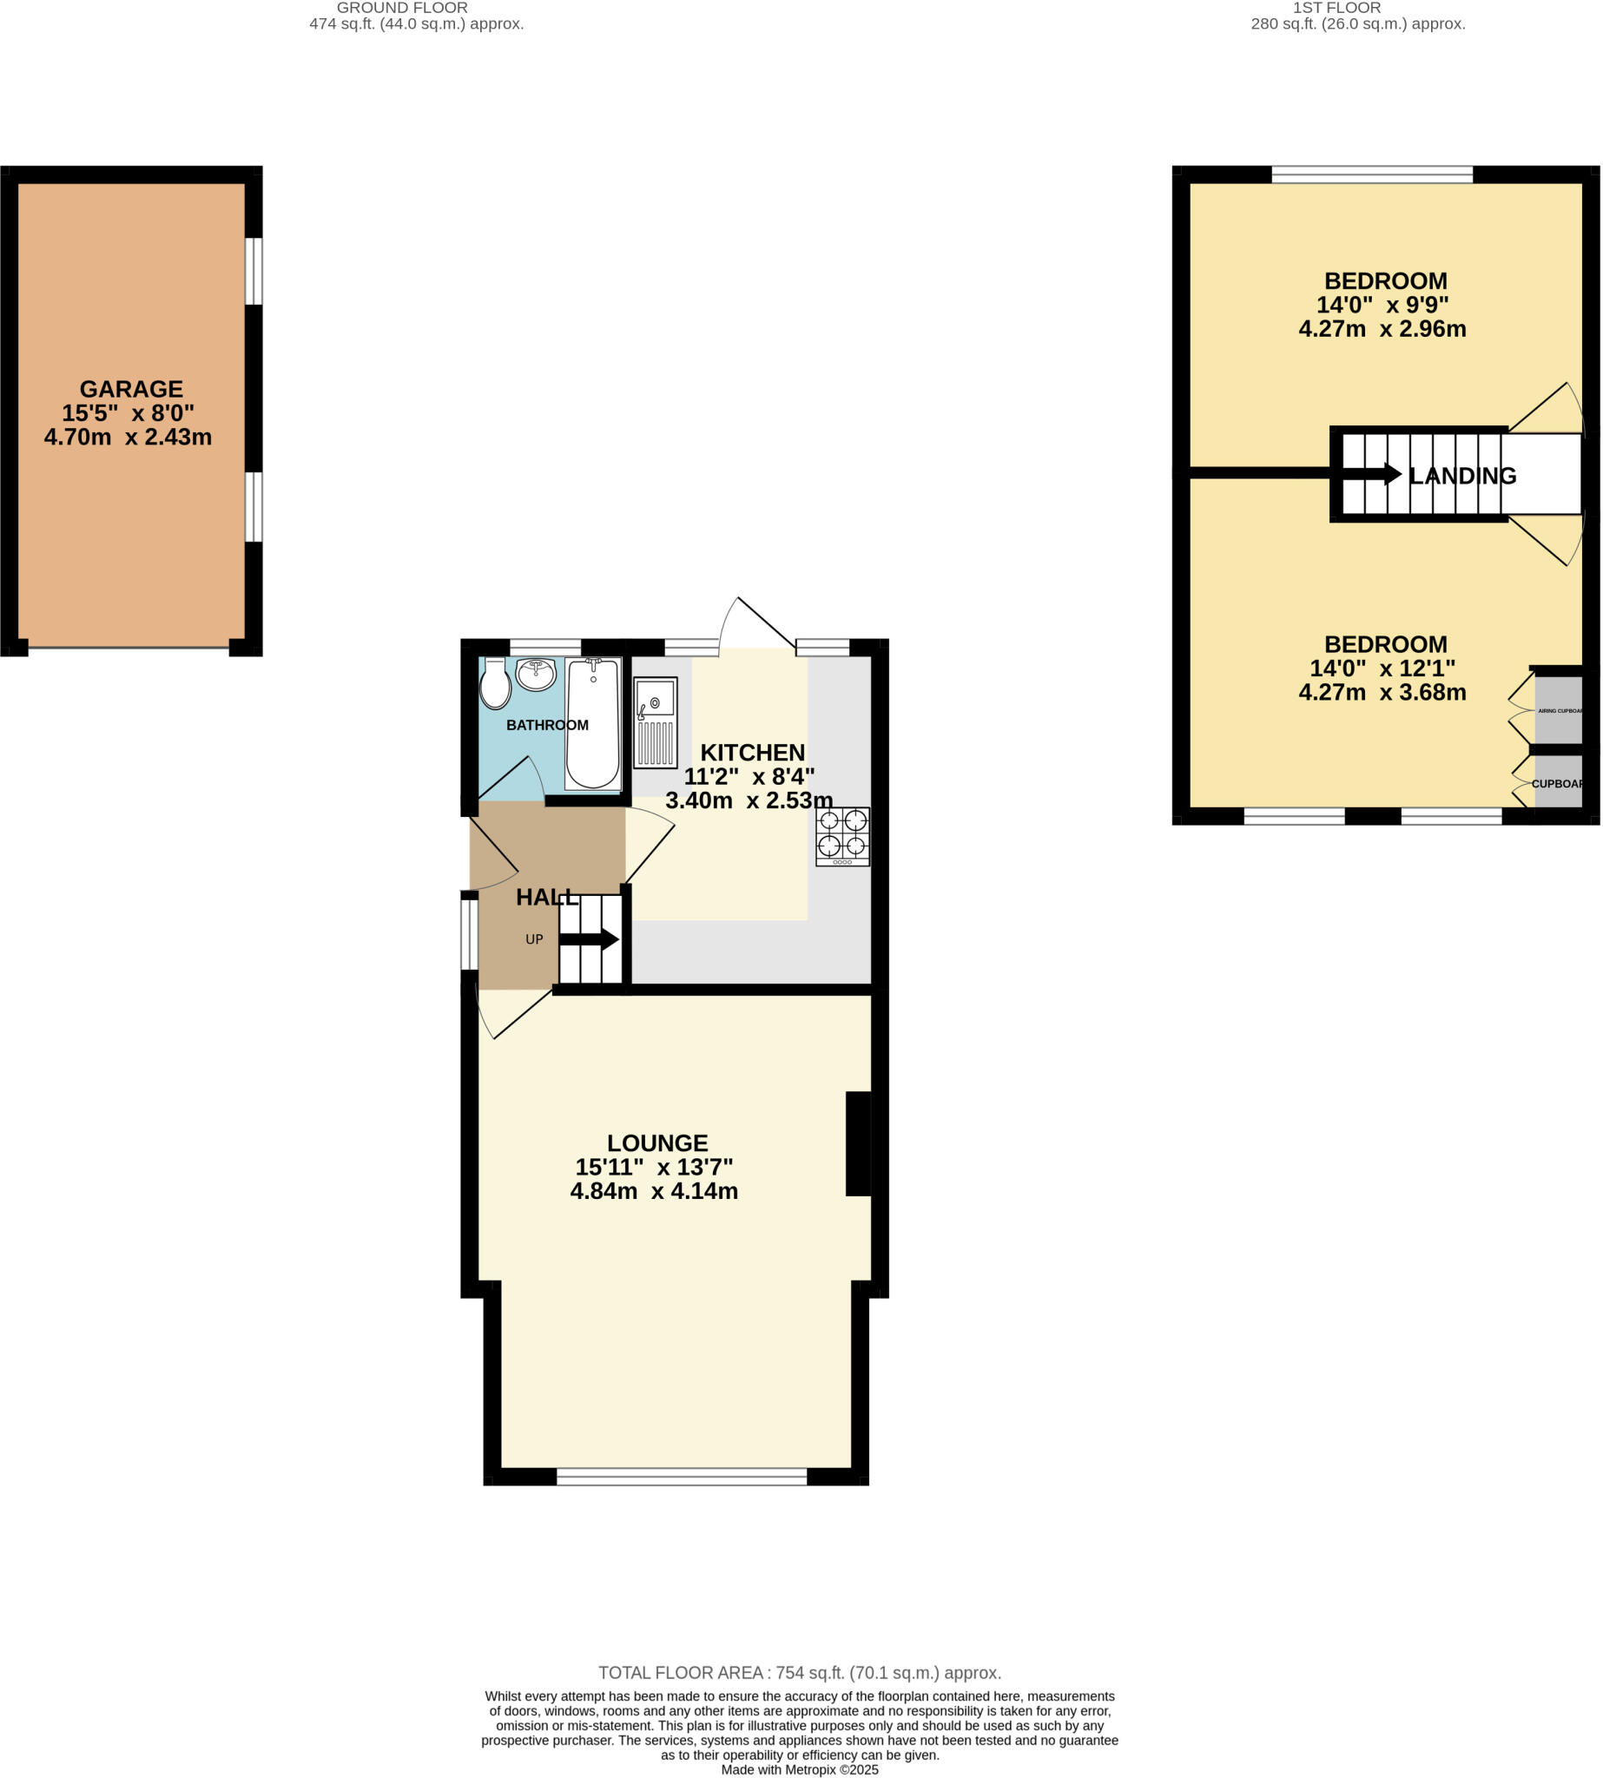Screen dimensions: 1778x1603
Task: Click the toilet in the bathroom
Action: [x=495, y=684]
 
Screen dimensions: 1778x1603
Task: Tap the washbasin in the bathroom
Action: [x=536, y=675]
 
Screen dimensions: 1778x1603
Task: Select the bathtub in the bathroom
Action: [x=593, y=724]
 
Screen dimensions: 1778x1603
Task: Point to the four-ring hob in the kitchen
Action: [x=842, y=836]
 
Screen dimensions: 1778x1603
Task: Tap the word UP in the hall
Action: [x=534, y=939]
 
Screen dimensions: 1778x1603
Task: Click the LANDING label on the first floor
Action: [x=1462, y=477]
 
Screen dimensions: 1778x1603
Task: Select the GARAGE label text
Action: [x=131, y=388]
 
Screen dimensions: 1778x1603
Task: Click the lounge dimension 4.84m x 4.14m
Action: [x=654, y=1191]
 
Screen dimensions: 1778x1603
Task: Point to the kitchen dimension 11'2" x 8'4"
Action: [x=749, y=777]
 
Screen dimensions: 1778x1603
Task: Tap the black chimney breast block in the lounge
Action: [x=858, y=1144]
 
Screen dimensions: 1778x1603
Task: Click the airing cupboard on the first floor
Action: [x=1558, y=710]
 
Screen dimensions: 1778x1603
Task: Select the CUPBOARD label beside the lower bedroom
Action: [x=1557, y=784]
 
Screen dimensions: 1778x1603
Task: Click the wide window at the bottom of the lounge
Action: [x=682, y=1476]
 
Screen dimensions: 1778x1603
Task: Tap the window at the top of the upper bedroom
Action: [x=1371, y=175]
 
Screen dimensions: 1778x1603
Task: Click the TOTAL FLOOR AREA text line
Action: [x=800, y=1672]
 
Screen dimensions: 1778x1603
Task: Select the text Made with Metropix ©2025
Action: [x=800, y=1769]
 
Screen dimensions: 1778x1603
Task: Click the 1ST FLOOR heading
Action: [x=1336, y=8]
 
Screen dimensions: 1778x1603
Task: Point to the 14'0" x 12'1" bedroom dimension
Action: [x=1382, y=668]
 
